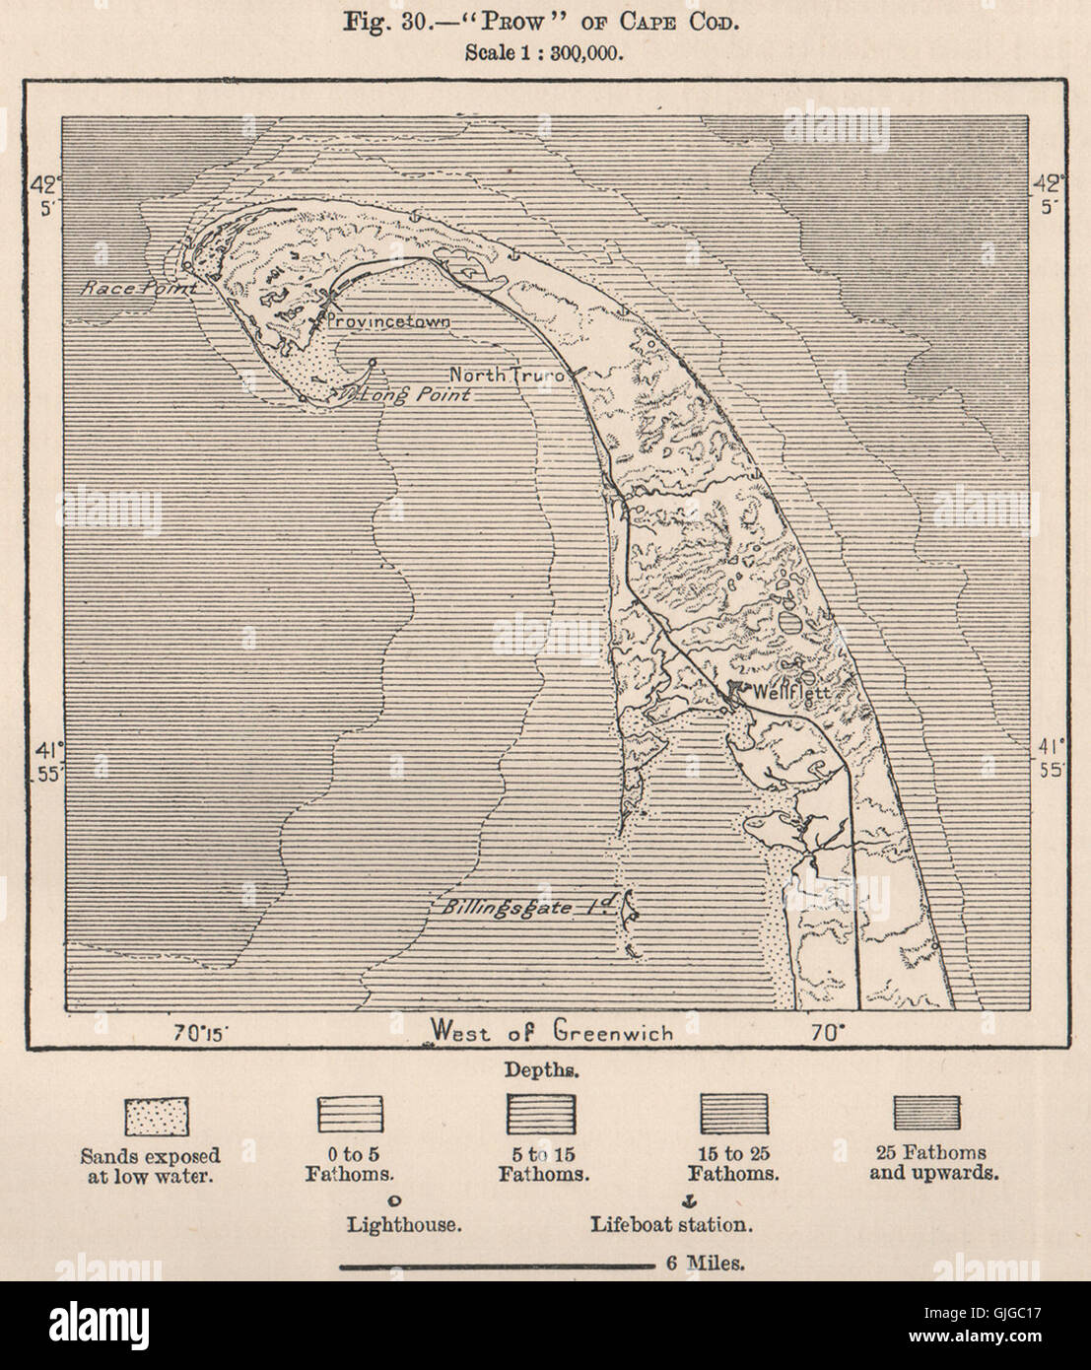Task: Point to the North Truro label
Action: pyautogui.click(x=509, y=375)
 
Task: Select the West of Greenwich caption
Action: pyautogui.click(x=552, y=1032)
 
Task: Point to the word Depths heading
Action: pyautogui.click(x=545, y=1068)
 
